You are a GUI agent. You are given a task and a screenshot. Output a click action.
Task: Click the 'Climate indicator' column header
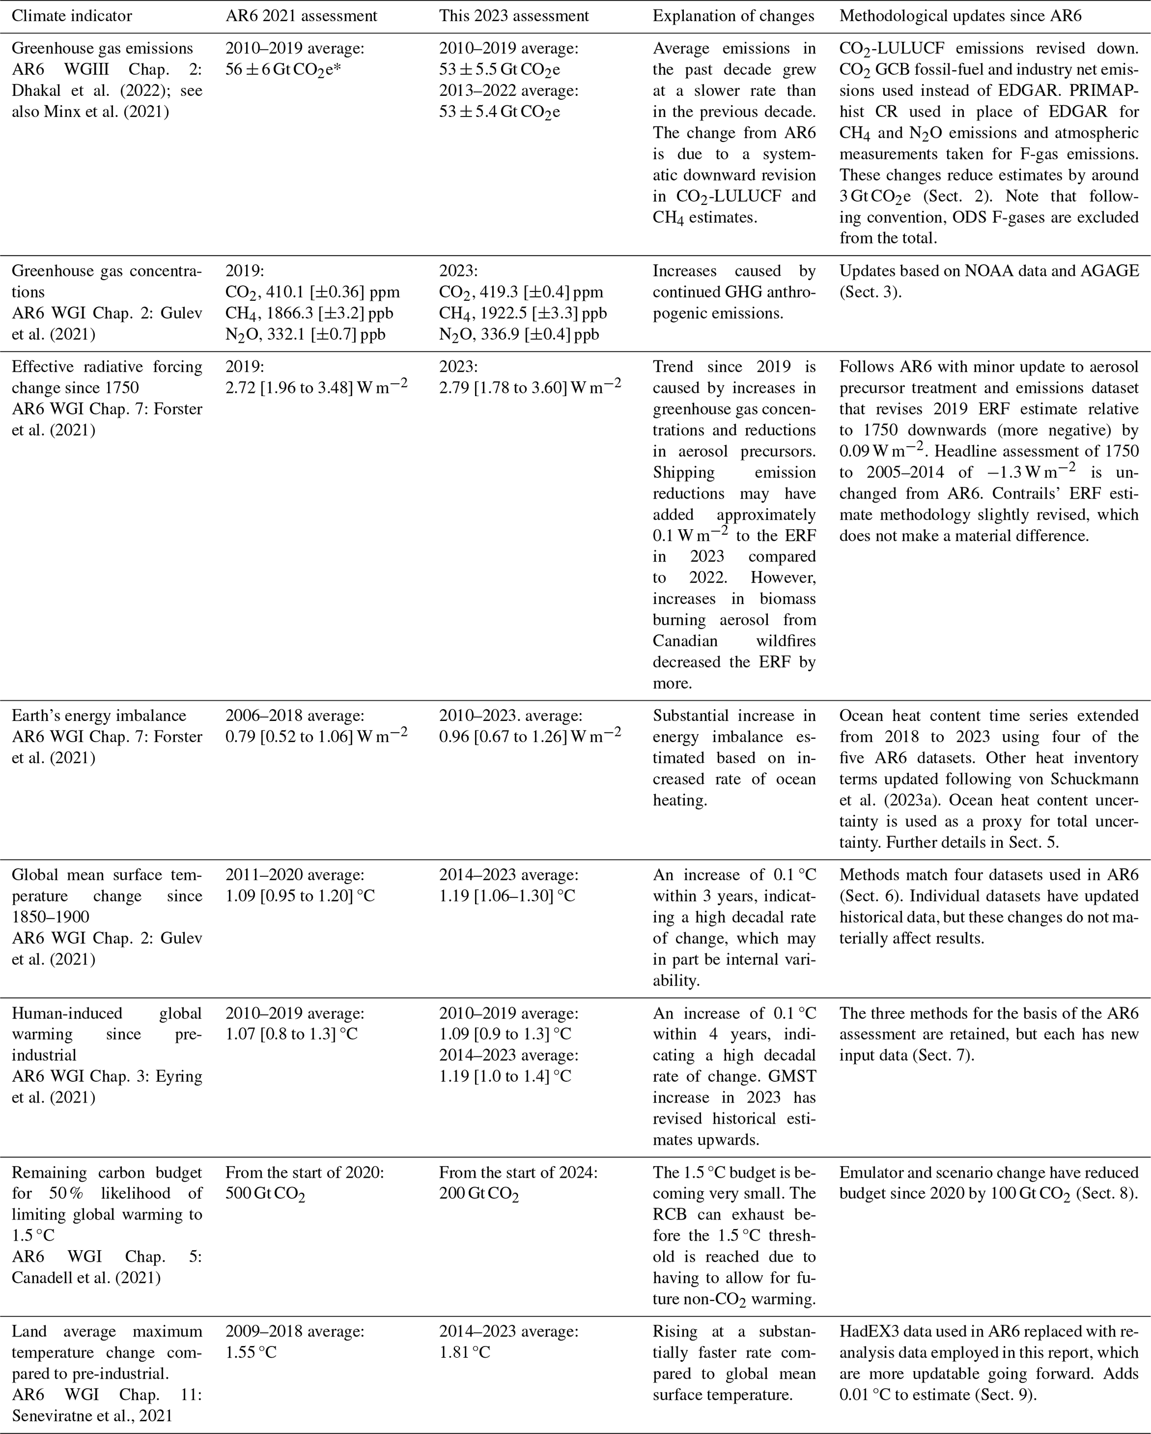click(x=72, y=16)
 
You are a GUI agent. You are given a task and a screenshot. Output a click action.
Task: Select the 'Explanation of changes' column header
click(x=733, y=16)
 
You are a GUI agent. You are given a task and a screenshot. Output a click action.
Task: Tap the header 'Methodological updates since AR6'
click(x=960, y=16)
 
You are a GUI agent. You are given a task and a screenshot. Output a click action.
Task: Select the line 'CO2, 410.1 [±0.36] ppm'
click(x=312, y=292)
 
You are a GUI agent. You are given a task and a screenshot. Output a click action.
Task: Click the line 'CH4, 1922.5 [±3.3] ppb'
click(x=523, y=313)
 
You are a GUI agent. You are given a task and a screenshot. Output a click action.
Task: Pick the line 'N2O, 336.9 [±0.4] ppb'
click(x=518, y=335)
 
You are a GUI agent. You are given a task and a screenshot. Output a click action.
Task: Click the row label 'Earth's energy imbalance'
click(x=99, y=716)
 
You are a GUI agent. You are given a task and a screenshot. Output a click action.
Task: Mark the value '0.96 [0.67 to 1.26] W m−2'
click(x=530, y=736)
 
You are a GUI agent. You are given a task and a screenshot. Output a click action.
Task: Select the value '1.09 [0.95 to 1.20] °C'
click(x=300, y=896)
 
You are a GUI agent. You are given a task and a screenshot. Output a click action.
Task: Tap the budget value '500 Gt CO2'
click(x=265, y=1194)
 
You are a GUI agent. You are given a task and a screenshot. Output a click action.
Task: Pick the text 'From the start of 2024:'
click(x=518, y=1173)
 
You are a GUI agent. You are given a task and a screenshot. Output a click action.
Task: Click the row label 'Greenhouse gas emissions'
click(x=102, y=48)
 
